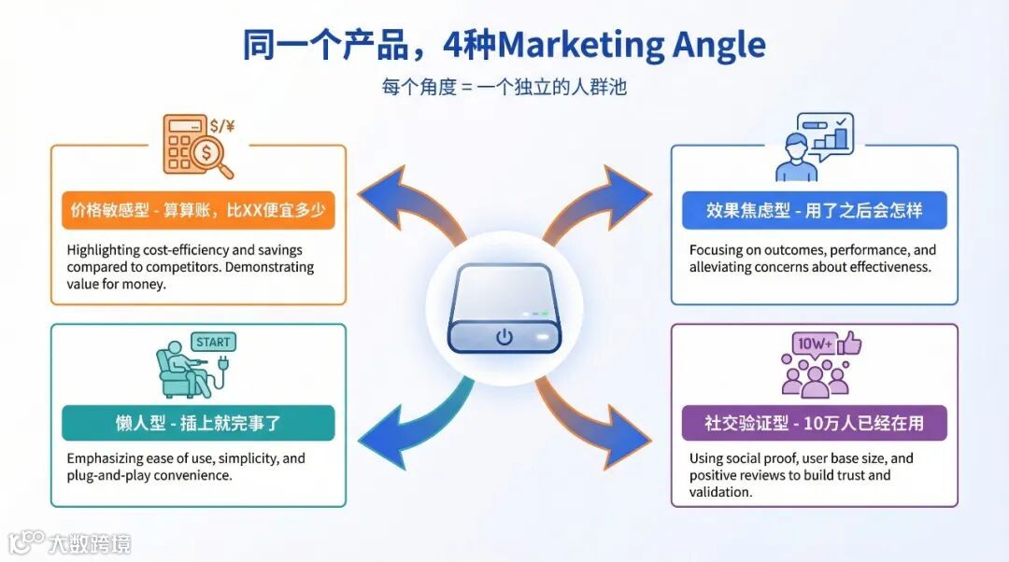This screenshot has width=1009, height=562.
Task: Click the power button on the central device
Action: pyautogui.click(x=504, y=336)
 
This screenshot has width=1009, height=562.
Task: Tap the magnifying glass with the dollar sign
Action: pyautogui.click(x=213, y=155)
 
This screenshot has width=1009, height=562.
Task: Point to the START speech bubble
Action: pyautogui.click(x=213, y=342)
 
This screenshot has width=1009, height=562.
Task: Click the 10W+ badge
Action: pyautogui.click(x=813, y=344)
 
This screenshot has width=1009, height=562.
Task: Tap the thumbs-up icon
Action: pyautogui.click(x=849, y=344)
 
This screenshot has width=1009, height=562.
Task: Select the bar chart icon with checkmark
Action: pyautogui.click(x=831, y=134)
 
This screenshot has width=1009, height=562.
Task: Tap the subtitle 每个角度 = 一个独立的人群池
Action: pyautogui.click(x=504, y=88)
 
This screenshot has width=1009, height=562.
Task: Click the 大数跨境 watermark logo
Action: pyautogui.click(x=69, y=542)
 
